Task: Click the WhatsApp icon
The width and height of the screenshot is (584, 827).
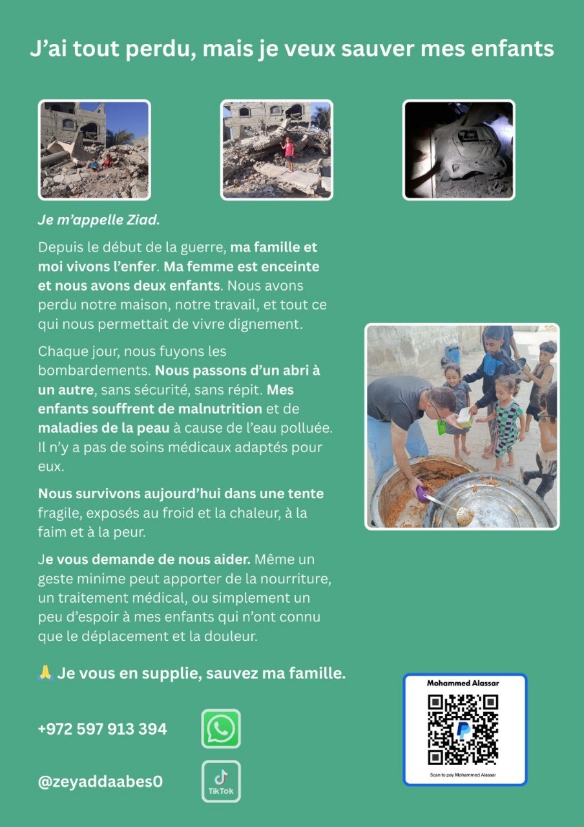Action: [221, 729]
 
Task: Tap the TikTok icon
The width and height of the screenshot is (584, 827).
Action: [221, 781]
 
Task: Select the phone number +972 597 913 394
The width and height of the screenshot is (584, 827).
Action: [102, 729]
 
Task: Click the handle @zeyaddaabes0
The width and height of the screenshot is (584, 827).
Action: [100, 782]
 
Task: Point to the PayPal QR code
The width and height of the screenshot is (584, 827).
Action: [464, 729]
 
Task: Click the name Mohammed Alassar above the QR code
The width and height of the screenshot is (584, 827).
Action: [463, 683]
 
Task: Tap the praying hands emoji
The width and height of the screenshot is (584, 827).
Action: [45, 674]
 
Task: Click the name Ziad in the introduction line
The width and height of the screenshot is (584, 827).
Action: [142, 220]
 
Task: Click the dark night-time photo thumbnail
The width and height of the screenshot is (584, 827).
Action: [459, 150]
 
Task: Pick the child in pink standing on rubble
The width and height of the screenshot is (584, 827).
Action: [289, 151]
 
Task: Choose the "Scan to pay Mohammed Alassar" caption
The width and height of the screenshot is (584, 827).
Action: [464, 774]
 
